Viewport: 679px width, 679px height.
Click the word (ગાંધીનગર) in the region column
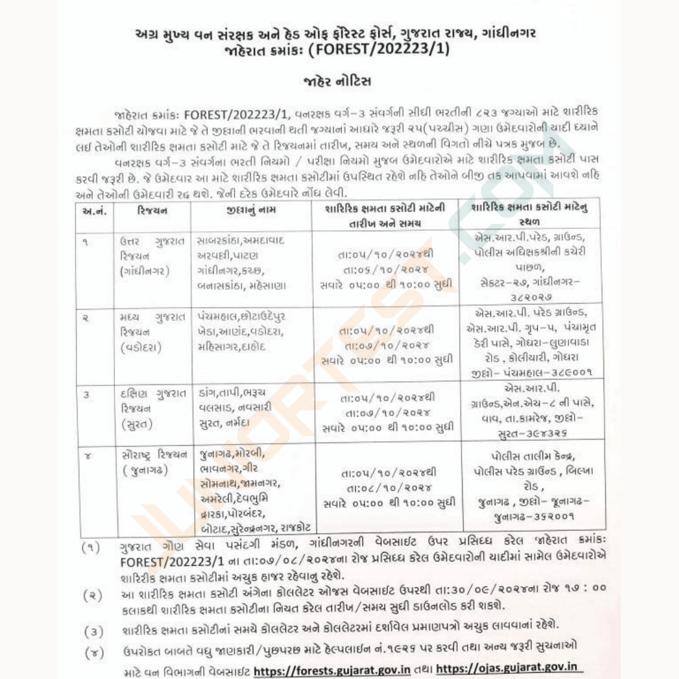pyautogui.click(x=144, y=271)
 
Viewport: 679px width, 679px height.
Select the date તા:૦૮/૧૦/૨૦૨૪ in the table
pyautogui.click(x=386, y=488)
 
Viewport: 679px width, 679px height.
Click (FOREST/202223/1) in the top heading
pyautogui.click(x=380, y=48)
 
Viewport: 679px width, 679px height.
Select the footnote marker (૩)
pyautogui.click(x=93, y=631)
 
